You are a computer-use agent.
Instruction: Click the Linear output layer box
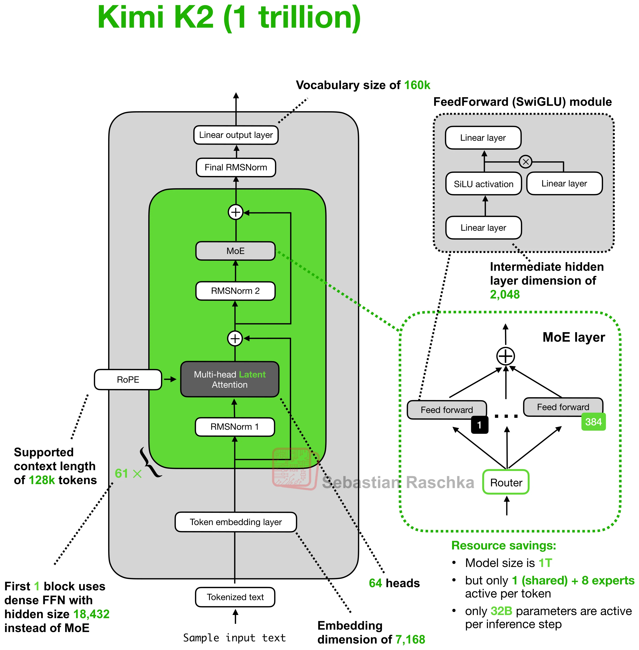(x=236, y=135)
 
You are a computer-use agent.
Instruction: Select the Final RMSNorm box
(x=236, y=167)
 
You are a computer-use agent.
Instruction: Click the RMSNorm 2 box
(x=235, y=291)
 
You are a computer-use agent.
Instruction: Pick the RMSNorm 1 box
(x=235, y=427)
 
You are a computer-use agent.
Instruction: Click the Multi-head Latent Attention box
(x=229, y=379)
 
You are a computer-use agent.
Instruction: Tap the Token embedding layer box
(x=236, y=522)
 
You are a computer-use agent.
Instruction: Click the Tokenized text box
(x=235, y=597)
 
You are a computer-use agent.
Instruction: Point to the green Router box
(x=506, y=482)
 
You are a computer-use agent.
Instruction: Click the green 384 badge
(x=593, y=422)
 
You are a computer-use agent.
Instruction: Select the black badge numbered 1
(x=480, y=425)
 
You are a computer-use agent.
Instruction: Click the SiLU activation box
(x=483, y=184)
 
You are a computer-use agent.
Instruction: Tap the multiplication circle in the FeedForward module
(x=526, y=162)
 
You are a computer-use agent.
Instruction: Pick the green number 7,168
(x=410, y=639)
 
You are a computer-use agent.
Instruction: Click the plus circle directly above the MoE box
(x=236, y=212)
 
